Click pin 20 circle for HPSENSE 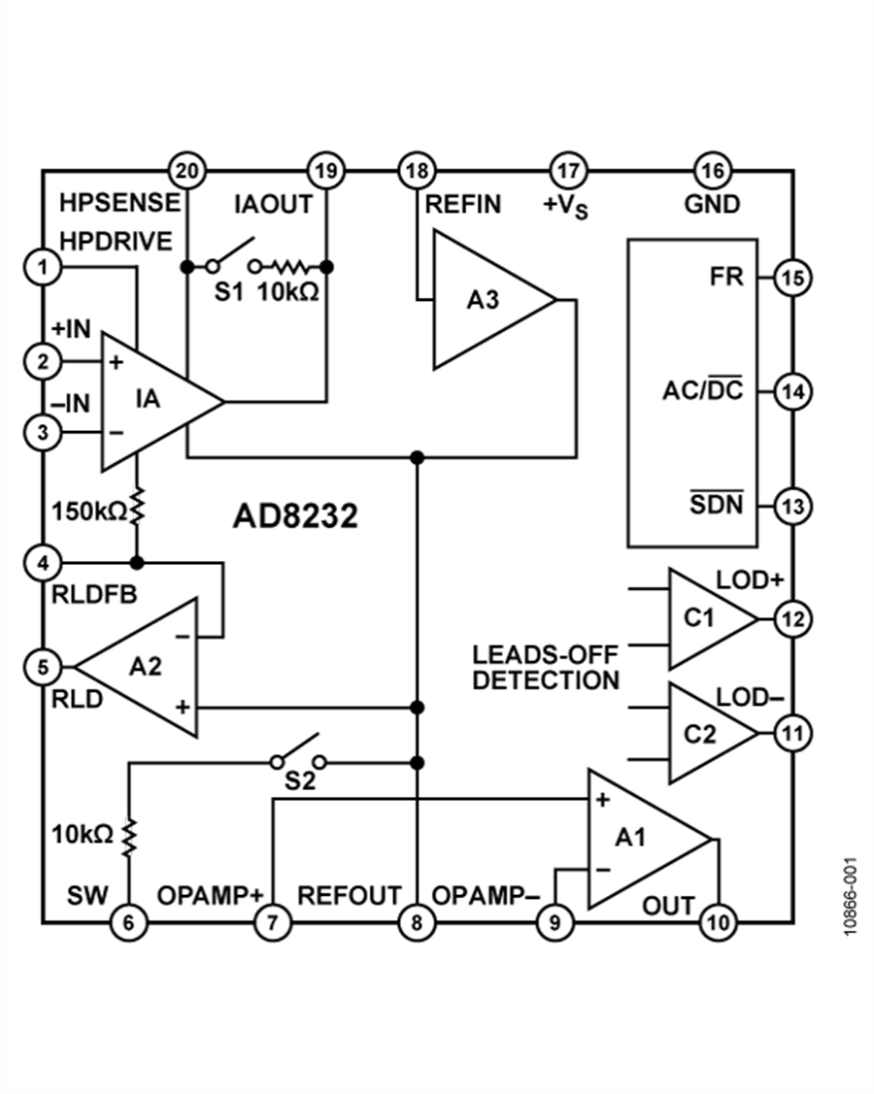tap(187, 171)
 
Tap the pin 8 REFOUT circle tap(417, 922)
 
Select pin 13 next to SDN tap(793, 506)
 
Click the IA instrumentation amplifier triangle tap(162, 401)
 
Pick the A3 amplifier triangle tap(494, 300)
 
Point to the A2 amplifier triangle tap(137, 667)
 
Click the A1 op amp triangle tap(650, 840)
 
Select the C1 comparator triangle tap(713, 619)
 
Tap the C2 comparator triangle tap(713, 733)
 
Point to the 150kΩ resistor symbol tap(137, 506)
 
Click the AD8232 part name tap(295, 516)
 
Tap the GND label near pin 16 tap(712, 204)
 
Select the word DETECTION tap(546, 680)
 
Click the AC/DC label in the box tap(703, 388)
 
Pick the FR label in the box tap(726, 277)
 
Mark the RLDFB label tap(94, 594)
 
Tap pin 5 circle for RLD tap(44, 667)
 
